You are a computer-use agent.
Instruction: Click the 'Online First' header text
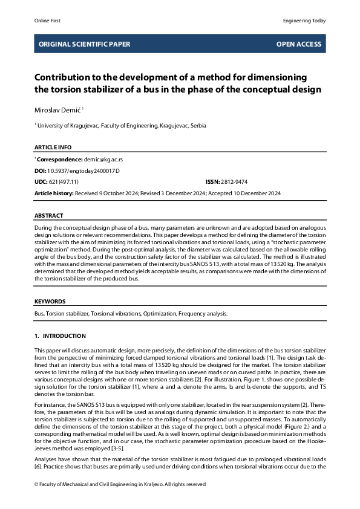(47, 21)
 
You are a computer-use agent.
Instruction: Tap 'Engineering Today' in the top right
(304, 21)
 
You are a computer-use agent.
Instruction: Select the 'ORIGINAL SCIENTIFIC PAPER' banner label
(84, 44)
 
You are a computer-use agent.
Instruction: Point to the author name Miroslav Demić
(57, 109)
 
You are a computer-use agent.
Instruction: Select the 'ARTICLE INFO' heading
(53, 147)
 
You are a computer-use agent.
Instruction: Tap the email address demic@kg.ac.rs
(103, 159)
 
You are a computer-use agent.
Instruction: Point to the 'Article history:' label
(54, 193)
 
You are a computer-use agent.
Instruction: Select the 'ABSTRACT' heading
(48, 215)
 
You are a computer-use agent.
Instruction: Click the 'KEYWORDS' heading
(50, 301)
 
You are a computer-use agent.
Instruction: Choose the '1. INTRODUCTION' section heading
(60, 336)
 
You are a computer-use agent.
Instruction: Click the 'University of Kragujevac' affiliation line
(121, 125)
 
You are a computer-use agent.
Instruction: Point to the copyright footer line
(120, 484)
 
